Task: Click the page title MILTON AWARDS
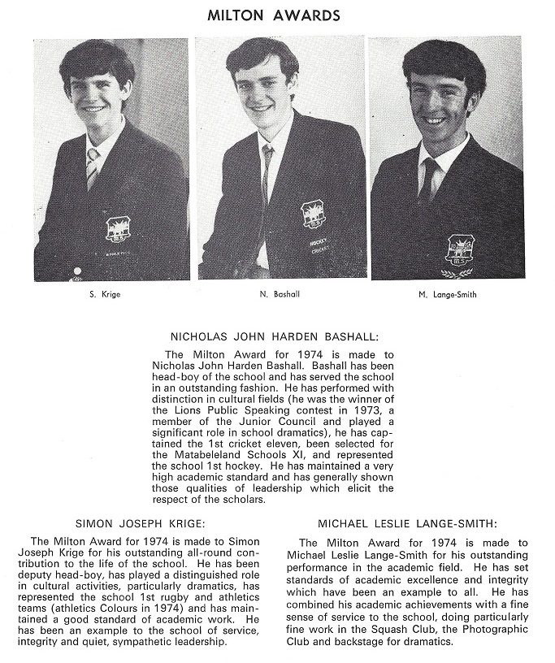[x=273, y=15]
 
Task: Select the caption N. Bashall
[x=283, y=294]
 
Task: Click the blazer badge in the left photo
[x=115, y=228]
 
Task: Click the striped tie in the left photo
[x=93, y=167]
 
